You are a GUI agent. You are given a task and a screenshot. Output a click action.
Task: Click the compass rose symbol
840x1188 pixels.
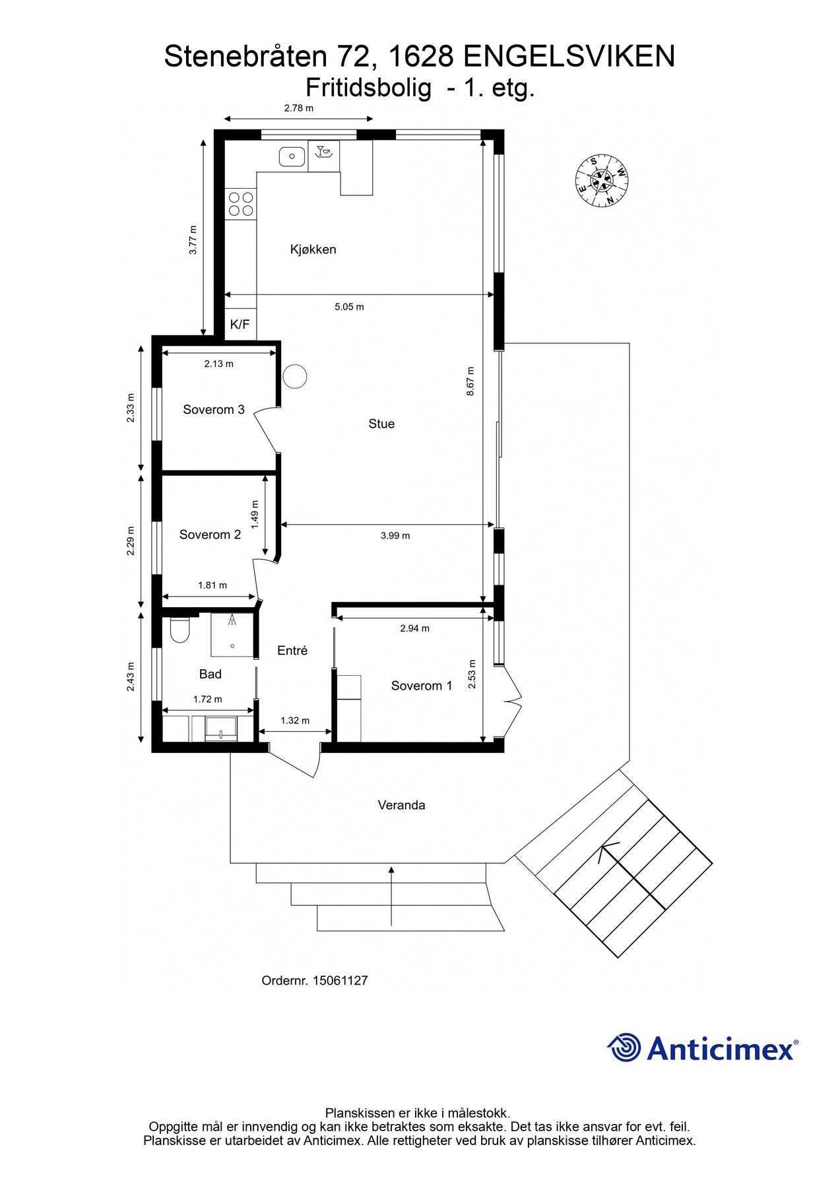[x=601, y=180]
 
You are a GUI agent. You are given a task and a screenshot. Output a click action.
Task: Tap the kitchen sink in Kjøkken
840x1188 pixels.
[x=291, y=156]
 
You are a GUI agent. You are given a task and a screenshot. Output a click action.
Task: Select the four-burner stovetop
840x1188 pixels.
[x=240, y=203]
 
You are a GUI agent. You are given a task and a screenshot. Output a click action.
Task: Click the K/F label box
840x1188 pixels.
[x=240, y=325]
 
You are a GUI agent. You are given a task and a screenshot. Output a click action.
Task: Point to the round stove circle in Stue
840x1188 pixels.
[x=295, y=377]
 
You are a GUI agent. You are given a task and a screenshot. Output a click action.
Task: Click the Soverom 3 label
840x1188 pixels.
[x=214, y=410]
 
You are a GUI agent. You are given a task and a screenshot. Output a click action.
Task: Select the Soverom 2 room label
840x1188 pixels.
[x=210, y=535]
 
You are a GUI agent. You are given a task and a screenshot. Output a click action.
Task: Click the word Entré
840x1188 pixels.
[x=292, y=651]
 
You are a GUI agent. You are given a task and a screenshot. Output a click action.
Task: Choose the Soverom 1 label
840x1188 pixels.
[x=422, y=686]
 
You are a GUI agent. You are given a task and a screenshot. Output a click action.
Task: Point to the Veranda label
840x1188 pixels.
[x=401, y=805]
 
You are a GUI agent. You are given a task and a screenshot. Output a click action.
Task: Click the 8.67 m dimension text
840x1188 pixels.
[x=470, y=381]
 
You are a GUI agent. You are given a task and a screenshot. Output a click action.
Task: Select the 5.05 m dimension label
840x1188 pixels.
[x=349, y=307]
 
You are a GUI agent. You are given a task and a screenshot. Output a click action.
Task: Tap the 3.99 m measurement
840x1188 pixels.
[x=395, y=536]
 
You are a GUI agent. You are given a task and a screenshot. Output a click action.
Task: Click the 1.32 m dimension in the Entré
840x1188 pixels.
[x=295, y=721]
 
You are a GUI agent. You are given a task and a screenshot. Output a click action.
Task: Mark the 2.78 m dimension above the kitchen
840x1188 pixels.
[x=298, y=108]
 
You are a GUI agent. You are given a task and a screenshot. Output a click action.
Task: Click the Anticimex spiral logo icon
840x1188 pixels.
[x=624, y=1047]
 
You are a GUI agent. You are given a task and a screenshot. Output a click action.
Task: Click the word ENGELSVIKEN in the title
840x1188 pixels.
[x=569, y=57]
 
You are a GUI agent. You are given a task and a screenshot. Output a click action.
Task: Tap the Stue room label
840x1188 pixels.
[x=381, y=424]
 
